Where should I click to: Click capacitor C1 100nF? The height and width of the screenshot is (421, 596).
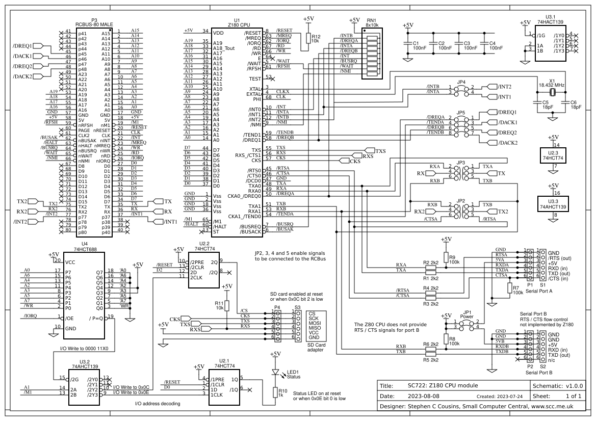coord(408,45)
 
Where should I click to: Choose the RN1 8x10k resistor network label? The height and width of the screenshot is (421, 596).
coord(372,21)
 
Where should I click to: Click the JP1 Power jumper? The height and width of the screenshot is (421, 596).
coord(465,325)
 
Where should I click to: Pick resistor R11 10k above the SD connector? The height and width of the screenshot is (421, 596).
coord(228,306)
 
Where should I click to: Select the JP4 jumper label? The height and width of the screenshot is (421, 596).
coord(461,82)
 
